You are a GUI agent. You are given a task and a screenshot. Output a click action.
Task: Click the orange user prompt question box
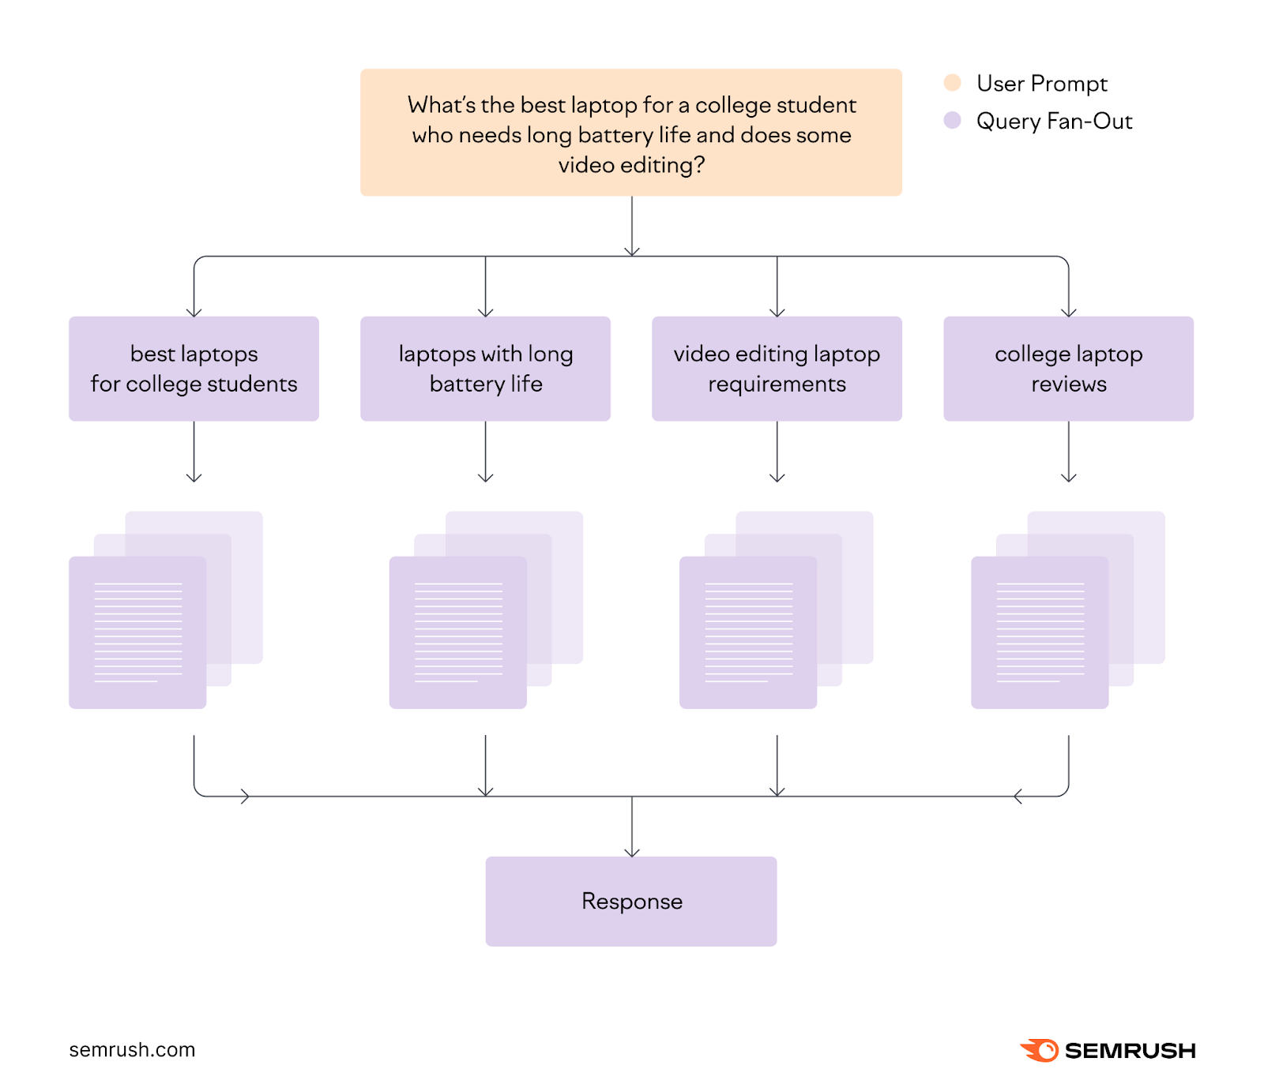click(630, 132)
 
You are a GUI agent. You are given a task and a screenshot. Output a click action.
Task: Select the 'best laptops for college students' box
click(194, 369)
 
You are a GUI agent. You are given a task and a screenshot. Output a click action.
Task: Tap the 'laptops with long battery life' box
click(485, 369)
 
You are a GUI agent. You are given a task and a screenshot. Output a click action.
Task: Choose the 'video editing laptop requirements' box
click(777, 369)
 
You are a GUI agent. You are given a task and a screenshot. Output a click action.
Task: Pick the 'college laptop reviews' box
click(1068, 369)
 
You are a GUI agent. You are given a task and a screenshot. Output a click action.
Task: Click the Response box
click(631, 901)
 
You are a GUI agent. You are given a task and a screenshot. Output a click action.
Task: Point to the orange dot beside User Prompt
click(953, 83)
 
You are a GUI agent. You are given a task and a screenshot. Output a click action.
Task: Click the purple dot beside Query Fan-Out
click(953, 121)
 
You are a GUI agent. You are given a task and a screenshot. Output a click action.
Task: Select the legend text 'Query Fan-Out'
click(1054, 121)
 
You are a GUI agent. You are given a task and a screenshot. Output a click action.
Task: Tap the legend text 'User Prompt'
click(1041, 83)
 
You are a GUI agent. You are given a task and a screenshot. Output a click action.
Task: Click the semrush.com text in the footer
click(132, 1050)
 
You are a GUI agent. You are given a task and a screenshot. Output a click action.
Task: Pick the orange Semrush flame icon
click(1040, 1050)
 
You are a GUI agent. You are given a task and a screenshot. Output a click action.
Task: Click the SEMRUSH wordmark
click(1130, 1051)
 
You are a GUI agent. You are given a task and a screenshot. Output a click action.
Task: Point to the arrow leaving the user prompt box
click(632, 226)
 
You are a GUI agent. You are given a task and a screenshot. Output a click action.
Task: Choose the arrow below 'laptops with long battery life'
click(486, 452)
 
